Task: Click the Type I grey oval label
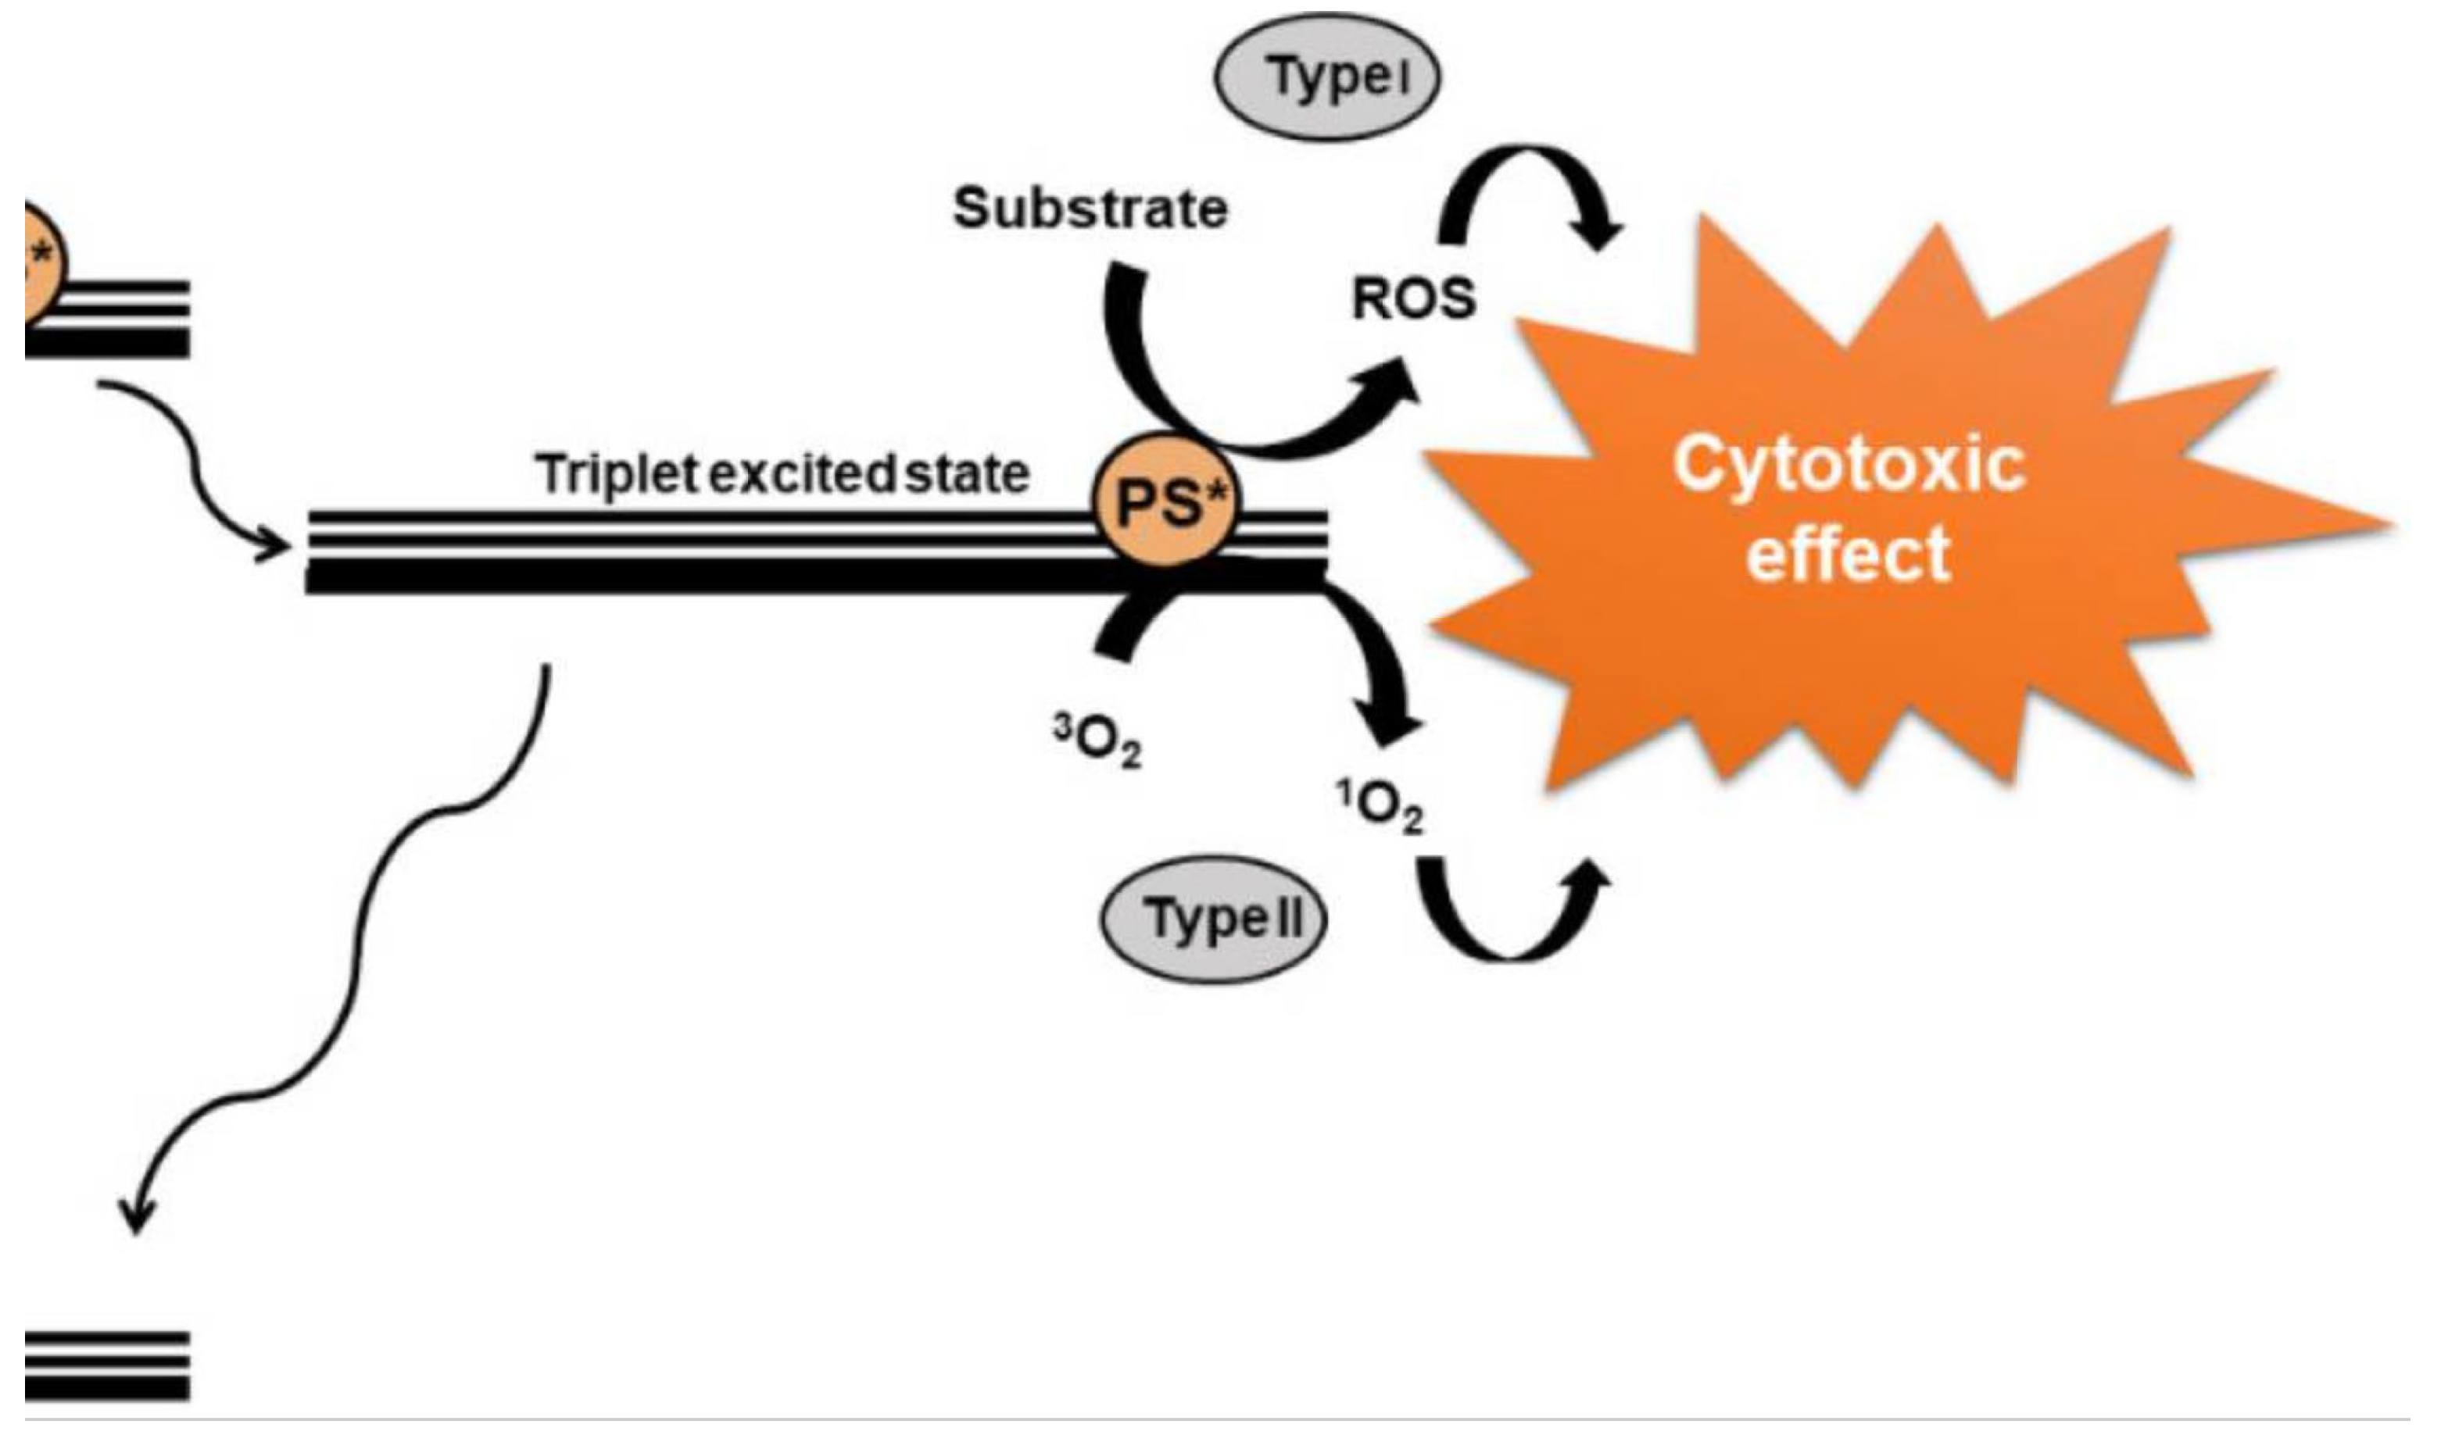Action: pos(1327,77)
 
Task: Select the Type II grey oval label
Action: pos(1215,918)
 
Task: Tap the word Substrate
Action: pos(1090,209)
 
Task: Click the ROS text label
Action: pos(1413,300)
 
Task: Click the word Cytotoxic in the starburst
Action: pos(1849,465)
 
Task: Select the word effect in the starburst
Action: pos(1849,554)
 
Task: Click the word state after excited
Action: pos(966,474)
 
